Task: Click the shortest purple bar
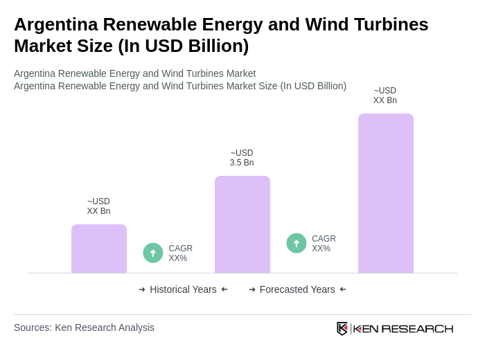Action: (x=99, y=249)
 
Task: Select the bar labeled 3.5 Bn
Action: (x=242, y=224)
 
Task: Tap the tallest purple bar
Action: (x=386, y=193)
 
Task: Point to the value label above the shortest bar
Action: (x=98, y=206)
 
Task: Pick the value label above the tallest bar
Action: (x=385, y=96)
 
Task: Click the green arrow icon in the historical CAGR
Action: (x=153, y=253)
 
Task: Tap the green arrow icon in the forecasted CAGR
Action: (x=297, y=243)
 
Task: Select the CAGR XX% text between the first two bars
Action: (x=180, y=253)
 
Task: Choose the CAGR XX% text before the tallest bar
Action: (x=324, y=244)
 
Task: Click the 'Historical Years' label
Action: (x=183, y=289)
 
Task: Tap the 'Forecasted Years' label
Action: (x=297, y=289)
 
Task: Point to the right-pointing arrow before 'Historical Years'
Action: (x=142, y=289)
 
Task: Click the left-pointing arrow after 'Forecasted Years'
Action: (x=343, y=289)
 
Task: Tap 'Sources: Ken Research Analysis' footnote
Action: (x=84, y=327)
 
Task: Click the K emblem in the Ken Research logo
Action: (x=342, y=328)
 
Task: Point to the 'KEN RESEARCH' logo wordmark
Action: (x=403, y=328)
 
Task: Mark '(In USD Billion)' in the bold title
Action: (x=183, y=46)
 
